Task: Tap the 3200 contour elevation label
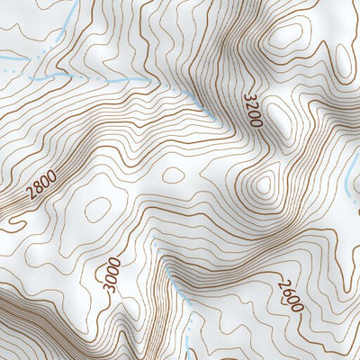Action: (251, 107)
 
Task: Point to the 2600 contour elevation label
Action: (290, 293)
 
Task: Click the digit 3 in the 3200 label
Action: (248, 94)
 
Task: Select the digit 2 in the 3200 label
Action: (250, 103)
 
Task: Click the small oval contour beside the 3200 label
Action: (275, 116)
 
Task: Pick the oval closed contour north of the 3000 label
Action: (97, 209)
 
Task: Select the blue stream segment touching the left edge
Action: (9, 67)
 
